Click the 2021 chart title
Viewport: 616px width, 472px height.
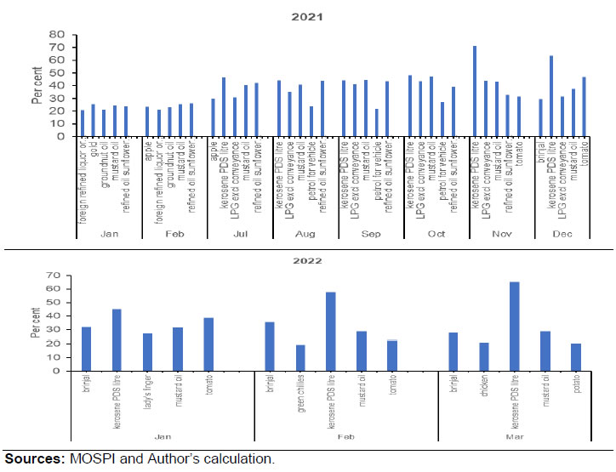[x=308, y=17]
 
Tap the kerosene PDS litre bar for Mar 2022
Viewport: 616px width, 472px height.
[x=515, y=327]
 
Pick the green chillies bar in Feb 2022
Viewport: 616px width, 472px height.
[x=299, y=358]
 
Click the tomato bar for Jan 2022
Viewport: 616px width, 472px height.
[x=208, y=344]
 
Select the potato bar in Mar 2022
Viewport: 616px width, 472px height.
[x=575, y=357]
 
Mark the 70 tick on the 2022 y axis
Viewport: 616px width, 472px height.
[x=53, y=276]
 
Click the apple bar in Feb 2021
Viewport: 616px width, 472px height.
[x=147, y=121]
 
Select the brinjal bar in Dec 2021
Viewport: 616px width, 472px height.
[x=540, y=117]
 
